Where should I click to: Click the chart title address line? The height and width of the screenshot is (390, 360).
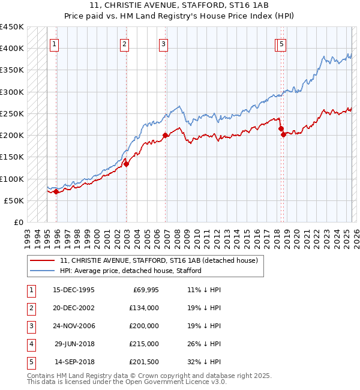(180, 6)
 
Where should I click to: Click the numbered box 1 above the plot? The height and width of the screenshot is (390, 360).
(55, 43)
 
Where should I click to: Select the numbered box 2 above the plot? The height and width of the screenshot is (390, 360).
(124, 43)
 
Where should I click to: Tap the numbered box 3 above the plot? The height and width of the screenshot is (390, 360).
(163, 43)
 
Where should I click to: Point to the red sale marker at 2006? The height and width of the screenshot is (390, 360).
(165, 136)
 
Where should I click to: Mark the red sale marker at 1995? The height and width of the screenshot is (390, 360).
(56, 192)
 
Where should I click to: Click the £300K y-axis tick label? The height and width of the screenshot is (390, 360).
(11, 92)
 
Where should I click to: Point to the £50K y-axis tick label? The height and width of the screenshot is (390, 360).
(14, 200)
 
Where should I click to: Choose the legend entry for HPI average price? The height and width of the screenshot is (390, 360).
(130, 271)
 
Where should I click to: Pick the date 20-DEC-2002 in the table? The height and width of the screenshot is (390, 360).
(74, 308)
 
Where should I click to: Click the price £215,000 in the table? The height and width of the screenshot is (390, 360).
(145, 344)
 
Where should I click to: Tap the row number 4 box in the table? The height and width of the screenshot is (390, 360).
(30, 344)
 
